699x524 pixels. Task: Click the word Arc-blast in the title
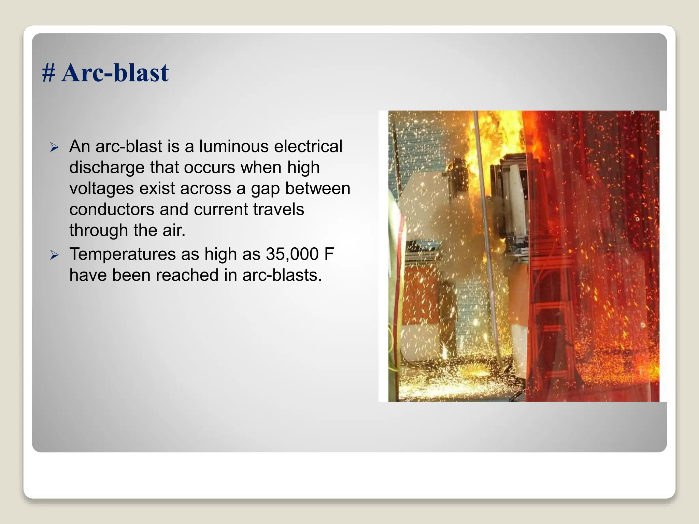point(115,73)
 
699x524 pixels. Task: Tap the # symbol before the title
point(48,73)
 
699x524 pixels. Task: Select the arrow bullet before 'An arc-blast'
point(54,148)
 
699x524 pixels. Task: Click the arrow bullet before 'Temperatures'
point(54,255)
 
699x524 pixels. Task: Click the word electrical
point(308,146)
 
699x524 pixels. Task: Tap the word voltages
point(101,189)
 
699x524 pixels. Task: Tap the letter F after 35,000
point(329,254)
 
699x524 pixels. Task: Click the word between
point(318,189)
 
